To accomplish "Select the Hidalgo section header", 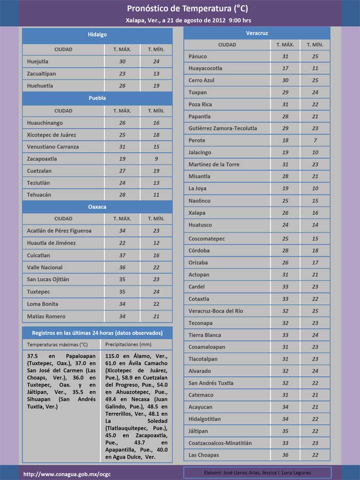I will tap(97, 34).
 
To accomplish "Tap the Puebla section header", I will tap(97, 98).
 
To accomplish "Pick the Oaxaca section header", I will tap(97, 206).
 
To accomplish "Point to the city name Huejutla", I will tap(39, 62).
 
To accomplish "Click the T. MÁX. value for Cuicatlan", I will tap(122, 255).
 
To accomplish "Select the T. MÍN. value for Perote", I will tap(315, 140).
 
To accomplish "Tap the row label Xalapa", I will tap(197, 213).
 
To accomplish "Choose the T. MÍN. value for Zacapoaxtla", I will tap(156, 159).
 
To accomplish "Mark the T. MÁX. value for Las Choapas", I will tap(285, 455).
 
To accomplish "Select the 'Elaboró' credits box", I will tap(257, 473).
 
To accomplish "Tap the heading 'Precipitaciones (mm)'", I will tap(128, 344).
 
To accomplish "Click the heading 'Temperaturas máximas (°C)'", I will tap(57, 344).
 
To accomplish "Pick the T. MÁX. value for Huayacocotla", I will tap(285, 68).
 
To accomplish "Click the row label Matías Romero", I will tap(46, 317).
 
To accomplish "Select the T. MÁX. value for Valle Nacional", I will tap(122, 268).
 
